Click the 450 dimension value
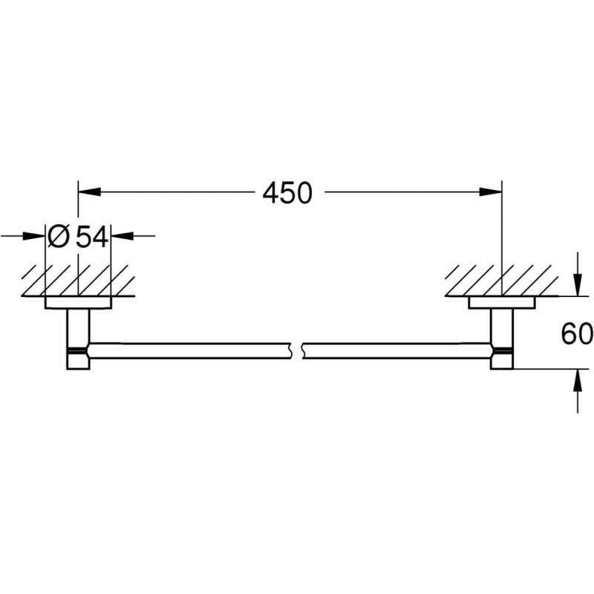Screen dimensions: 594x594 click(287, 193)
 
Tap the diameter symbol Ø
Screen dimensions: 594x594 click(59, 237)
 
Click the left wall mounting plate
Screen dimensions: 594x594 click(79, 303)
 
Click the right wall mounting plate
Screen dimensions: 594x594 click(501, 303)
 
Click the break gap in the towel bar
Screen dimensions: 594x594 click(296, 350)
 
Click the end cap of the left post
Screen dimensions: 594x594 click(78, 360)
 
